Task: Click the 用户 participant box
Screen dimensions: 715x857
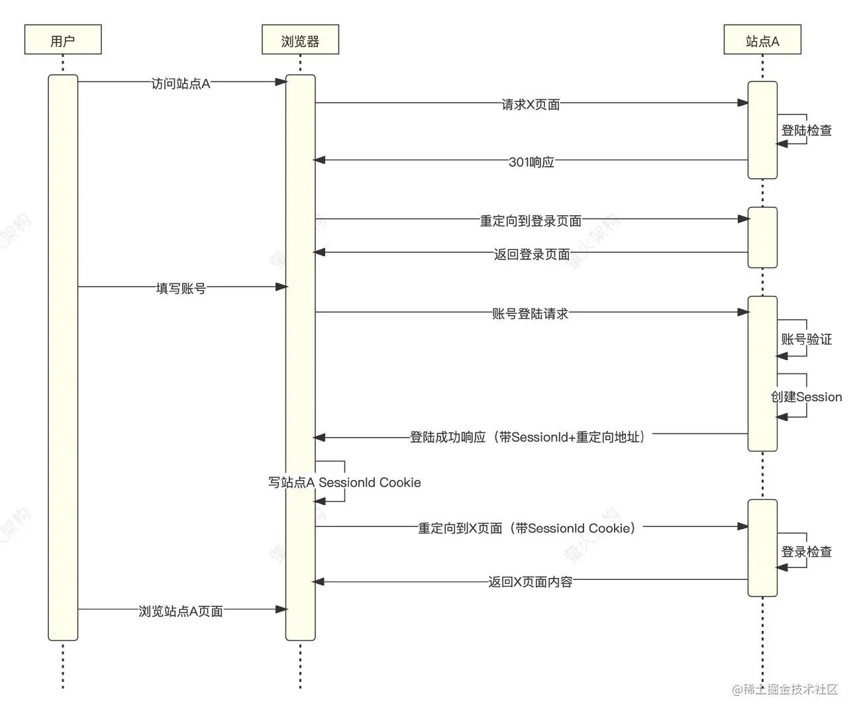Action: click(x=63, y=40)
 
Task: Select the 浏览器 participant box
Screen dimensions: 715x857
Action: click(x=300, y=40)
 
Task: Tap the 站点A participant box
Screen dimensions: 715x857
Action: click(x=762, y=40)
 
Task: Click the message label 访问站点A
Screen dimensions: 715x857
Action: click(x=181, y=83)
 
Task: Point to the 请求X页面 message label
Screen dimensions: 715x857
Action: click(x=530, y=105)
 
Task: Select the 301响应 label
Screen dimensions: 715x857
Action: click(x=531, y=162)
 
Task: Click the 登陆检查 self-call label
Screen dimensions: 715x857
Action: click(x=806, y=130)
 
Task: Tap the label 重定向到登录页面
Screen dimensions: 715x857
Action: click(x=530, y=221)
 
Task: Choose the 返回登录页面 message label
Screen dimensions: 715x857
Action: click(x=531, y=254)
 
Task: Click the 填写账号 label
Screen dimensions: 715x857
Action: click(x=181, y=289)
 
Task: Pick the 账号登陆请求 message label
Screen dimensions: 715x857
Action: click(x=530, y=314)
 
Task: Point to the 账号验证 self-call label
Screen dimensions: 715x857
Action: click(x=806, y=340)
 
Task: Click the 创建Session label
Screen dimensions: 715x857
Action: click(x=806, y=397)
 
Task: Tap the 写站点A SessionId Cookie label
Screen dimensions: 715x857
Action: click(x=344, y=483)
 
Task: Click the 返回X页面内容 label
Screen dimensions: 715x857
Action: click(x=530, y=582)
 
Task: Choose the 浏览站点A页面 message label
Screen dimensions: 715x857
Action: click(x=181, y=611)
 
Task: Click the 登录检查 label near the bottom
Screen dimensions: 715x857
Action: click(x=806, y=551)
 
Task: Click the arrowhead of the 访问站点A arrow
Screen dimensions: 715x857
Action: click(x=281, y=82)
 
